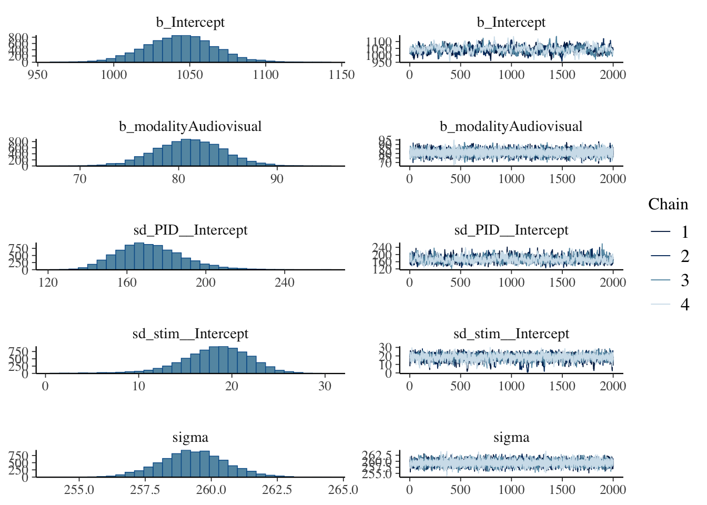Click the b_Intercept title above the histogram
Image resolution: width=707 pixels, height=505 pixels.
click(190, 23)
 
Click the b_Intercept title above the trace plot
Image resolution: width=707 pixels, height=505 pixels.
click(511, 23)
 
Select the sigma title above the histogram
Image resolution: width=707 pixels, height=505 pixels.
click(190, 438)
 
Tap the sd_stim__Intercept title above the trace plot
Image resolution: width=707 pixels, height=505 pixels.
click(511, 334)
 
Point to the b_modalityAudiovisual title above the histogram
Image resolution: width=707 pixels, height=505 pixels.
click(190, 127)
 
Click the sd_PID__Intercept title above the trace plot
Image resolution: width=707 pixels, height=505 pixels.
click(511, 230)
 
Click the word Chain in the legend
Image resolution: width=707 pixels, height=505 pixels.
click(668, 204)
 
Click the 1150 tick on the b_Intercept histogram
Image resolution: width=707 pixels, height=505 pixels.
click(341, 75)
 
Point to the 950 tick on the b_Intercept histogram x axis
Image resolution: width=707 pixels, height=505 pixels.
click(37, 75)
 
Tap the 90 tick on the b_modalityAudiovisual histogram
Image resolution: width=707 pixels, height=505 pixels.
click(277, 179)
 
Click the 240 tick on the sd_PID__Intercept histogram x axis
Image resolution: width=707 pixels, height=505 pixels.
click(285, 282)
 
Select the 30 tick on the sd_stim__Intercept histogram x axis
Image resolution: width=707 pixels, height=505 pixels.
click(325, 386)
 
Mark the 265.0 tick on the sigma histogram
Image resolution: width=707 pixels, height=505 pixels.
click(344, 490)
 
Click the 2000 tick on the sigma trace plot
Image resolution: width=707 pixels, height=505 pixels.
click(613, 490)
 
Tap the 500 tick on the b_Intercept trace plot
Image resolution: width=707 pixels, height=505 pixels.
click(460, 75)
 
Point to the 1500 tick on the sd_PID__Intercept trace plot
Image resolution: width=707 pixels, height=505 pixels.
click(562, 282)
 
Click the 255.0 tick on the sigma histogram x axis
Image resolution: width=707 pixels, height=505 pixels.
click(79, 490)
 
